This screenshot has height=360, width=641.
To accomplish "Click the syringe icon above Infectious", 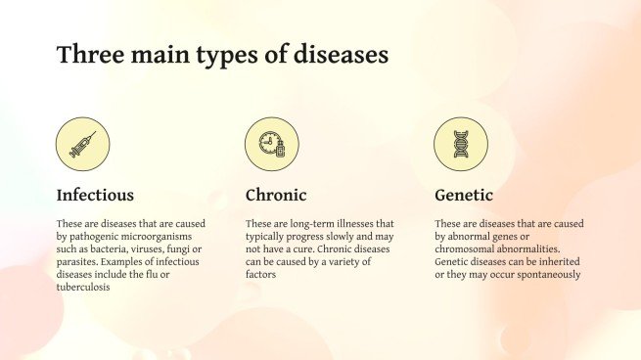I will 83,144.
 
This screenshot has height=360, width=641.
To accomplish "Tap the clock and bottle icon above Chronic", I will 271,144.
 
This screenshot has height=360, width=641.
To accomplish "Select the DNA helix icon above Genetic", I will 460,144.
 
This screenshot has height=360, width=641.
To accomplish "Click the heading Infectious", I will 95,195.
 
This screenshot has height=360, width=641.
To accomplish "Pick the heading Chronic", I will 276,195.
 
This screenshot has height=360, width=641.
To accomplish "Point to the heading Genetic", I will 463,195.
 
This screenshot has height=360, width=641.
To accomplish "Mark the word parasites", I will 79,262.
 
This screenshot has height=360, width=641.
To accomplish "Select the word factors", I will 261,275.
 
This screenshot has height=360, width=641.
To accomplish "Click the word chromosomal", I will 465,249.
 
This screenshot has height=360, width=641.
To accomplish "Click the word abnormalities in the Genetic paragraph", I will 543,249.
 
